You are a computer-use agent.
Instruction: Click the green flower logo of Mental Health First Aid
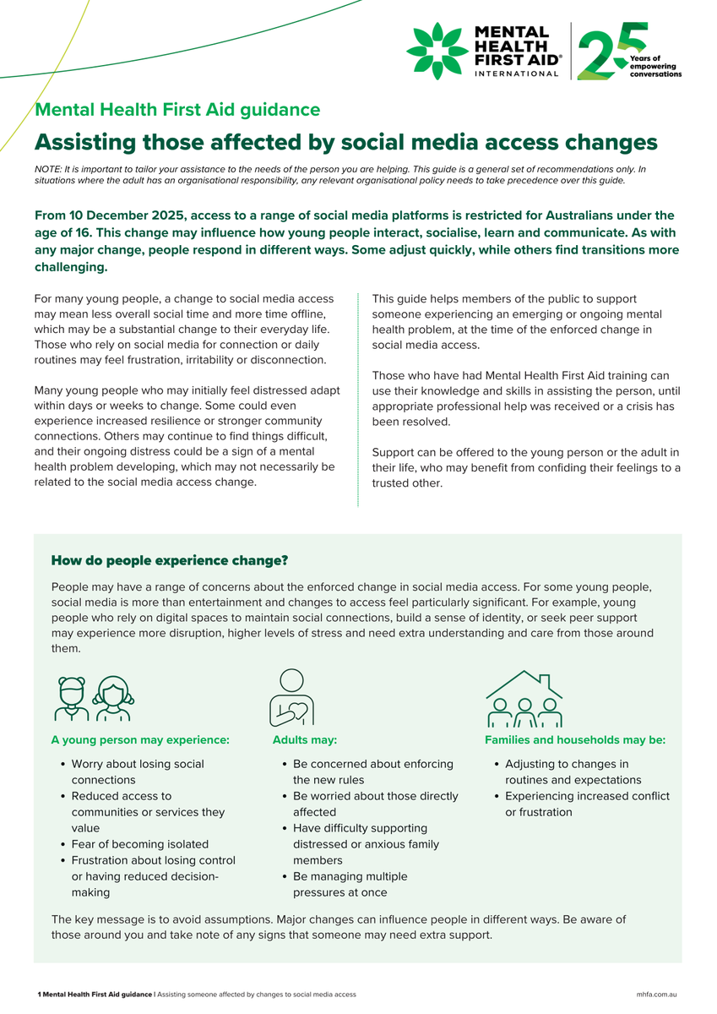pos(437,51)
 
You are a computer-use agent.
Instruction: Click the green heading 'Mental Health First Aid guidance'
pos(177,109)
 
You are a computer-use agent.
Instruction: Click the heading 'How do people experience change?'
pos(170,560)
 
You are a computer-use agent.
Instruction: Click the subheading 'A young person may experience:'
pos(140,739)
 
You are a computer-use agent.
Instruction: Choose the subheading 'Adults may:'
pos(305,739)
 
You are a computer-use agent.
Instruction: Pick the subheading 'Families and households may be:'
pos(575,739)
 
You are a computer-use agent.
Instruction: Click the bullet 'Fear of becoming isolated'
pos(139,843)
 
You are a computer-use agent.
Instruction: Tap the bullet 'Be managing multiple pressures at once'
pos(350,884)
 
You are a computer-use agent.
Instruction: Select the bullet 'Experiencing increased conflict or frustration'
pos(587,804)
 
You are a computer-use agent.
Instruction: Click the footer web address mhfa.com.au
pos(659,995)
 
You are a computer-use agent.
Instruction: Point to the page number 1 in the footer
pos(39,995)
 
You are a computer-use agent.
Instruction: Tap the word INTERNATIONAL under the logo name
pos(517,74)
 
